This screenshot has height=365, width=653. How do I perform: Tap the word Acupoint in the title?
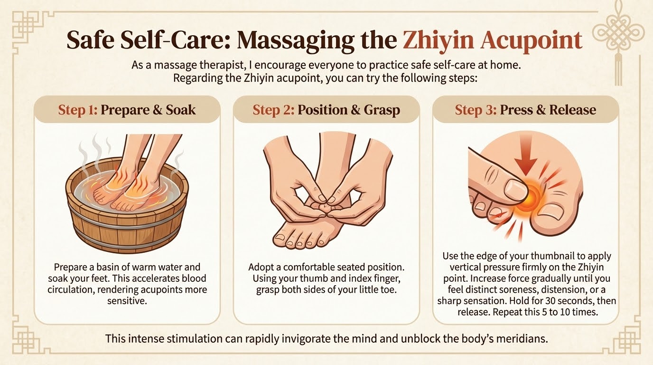click(x=531, y=41)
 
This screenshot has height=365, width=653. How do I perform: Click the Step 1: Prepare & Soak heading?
click(x=127, y=110)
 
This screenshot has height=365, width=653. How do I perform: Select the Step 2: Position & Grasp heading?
click(x=326, y=110)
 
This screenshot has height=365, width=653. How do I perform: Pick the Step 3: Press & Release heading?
click(x=525, y=110)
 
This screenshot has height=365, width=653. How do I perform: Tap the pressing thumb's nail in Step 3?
click(x=515, y=189)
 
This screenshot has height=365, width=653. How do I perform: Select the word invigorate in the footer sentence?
click(x=303, y=339)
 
